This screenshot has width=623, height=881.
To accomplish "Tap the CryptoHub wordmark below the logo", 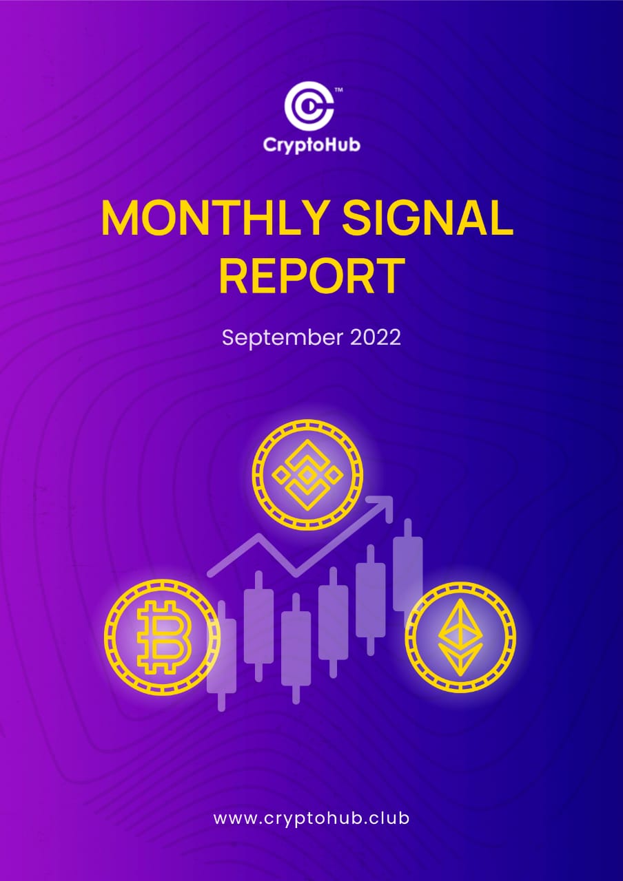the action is [x=311, y=145].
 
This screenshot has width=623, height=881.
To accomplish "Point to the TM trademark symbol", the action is [x=338, y=90].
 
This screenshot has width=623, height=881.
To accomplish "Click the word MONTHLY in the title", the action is [x=214, y=218].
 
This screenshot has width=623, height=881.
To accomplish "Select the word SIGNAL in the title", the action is [x=427, y=218].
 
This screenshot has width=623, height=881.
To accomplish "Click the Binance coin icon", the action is [x=307, y=475].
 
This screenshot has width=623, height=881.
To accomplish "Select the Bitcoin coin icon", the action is [x=163, y=637].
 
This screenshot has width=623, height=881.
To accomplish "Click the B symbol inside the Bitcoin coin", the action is [x=164, y=637].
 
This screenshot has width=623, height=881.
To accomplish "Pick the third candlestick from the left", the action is [x=296, y=648].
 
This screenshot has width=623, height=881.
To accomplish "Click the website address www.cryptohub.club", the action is [x=311, y=820].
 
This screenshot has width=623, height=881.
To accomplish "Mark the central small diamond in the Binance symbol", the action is [x=307, y=475].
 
